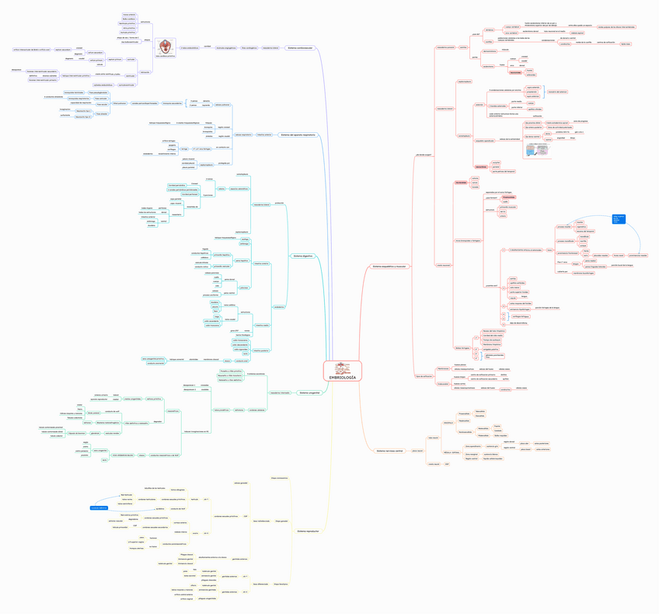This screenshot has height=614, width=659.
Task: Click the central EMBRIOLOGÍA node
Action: click(343, 371)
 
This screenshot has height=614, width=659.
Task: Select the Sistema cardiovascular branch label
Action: click(300, 48)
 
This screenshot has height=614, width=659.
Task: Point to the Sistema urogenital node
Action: click(309, 393)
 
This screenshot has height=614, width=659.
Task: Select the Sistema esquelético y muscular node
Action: click(390, 267)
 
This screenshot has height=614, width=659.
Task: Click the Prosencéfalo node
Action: click(464, 414)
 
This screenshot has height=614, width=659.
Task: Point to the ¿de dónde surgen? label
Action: click(423, 155)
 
